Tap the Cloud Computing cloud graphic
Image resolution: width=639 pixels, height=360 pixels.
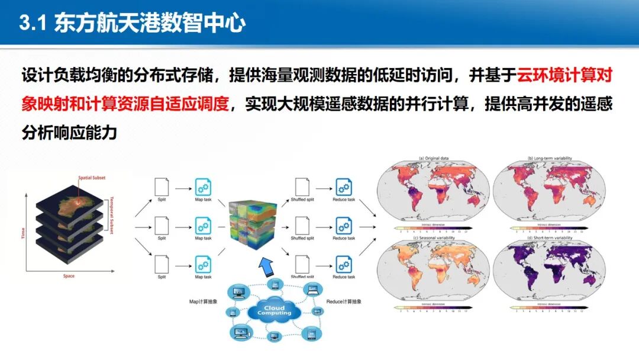click(x=274, y=310)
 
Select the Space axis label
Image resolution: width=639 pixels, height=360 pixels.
click(x=69, y=276)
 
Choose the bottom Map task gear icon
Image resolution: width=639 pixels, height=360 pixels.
click(x=203, y=263)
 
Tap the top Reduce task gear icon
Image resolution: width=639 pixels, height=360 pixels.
click(x=343, y=187)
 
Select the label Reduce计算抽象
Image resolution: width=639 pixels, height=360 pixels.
click(x=344, y=301)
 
